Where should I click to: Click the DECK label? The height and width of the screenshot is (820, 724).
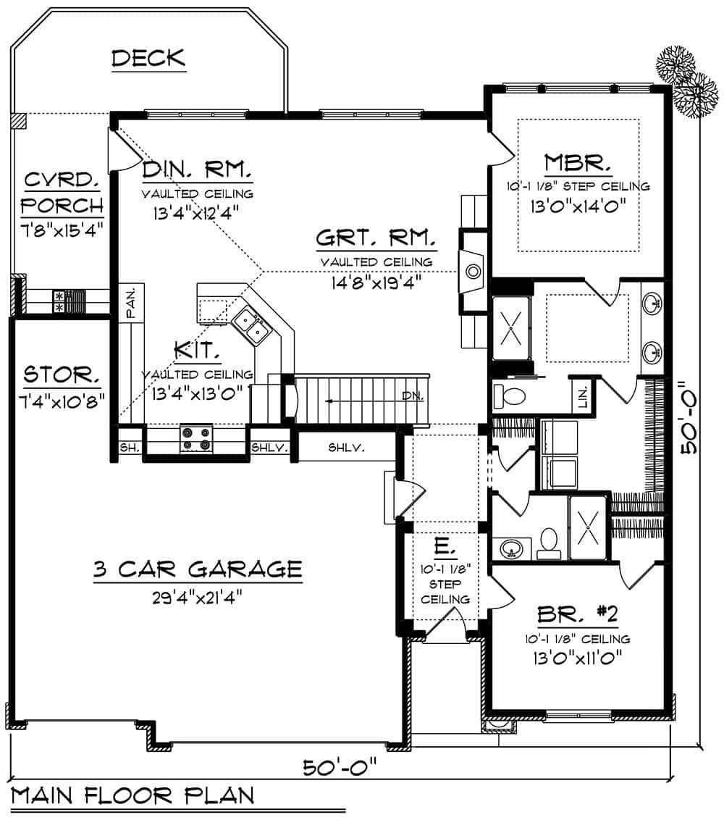tap(148, 58)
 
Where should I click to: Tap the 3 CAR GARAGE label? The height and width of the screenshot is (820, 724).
tap(197, 569)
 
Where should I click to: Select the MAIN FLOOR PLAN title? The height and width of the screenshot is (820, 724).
tap(133, 795)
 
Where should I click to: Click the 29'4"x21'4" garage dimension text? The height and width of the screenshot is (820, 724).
tap(197, 597)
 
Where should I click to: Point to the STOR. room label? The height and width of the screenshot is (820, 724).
tap(62, 375)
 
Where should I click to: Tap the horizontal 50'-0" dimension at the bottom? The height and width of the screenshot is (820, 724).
tap(340, 766)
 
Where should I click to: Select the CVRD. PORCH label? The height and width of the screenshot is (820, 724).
tap(62, 193)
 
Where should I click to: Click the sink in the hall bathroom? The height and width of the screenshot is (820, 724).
tap(511, 549)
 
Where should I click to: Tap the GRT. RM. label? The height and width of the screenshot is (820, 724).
tap(376, 237)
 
